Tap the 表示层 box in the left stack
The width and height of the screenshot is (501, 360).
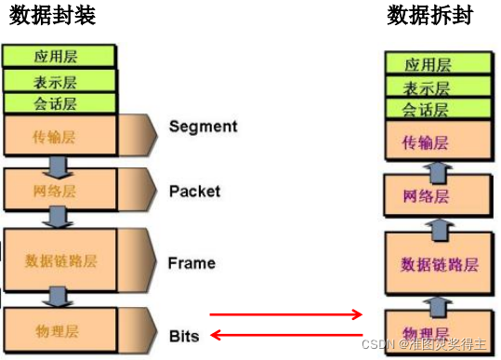59,80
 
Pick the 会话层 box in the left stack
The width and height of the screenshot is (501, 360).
59,102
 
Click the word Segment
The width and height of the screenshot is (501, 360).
204,127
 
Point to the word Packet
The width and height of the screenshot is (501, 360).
195,191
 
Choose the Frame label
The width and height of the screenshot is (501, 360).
191,262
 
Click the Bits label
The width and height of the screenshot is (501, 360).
184,335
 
